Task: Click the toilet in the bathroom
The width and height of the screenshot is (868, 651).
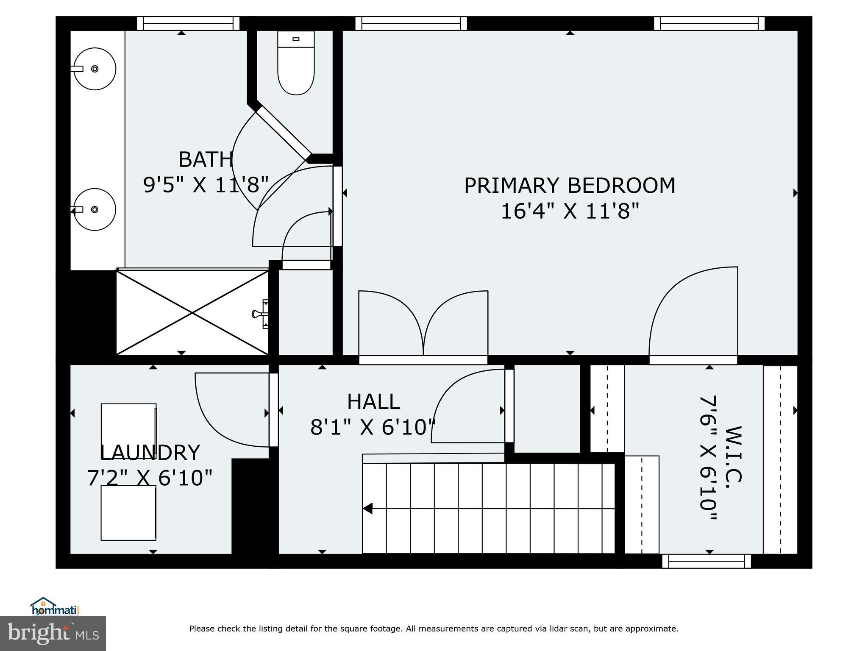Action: [x=296, y=64]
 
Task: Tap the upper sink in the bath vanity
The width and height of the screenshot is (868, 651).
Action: [x=95, y=69]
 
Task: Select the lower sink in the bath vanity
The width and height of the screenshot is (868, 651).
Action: [x=95, y=209]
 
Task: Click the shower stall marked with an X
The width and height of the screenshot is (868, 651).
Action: [x=192, y=313]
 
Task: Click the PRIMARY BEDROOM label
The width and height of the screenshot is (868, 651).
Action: [x=569, y=186]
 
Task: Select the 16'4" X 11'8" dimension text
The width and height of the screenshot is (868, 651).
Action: [x=569, y=211]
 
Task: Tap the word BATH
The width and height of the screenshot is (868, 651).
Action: [x=206, y=160]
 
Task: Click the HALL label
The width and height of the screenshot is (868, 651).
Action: [x=373, y=402]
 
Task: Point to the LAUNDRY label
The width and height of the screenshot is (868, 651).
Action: [x=149, y=453]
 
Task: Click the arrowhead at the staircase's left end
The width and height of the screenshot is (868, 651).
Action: [x=367, y=508]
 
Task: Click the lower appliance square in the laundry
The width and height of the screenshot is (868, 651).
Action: [x=128, y=513]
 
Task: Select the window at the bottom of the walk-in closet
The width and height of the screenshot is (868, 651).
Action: [x=706, y=561]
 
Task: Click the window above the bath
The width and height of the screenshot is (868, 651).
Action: [x=188, y=23]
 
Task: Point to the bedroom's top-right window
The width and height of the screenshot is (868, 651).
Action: [x=709, y=23]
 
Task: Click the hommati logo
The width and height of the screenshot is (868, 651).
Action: [x=55, y=607]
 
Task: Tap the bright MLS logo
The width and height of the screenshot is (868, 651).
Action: [x=53, y=633]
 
